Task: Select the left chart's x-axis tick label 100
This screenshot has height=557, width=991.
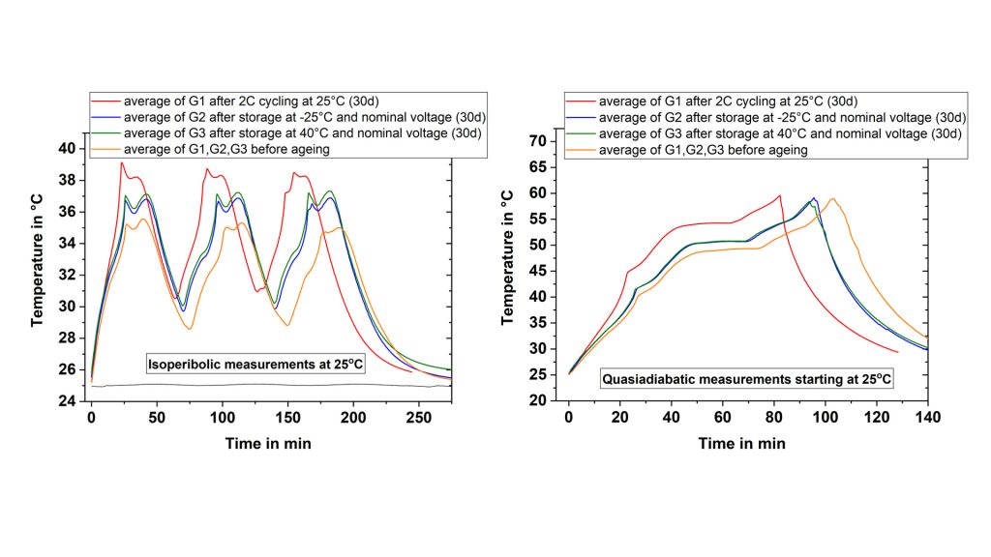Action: coord(223,420)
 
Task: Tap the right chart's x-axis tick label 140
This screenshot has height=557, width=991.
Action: coord(927,420)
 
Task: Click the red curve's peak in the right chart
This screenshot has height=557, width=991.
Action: coord(779,196)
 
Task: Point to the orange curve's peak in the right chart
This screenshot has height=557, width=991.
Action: coord(831,199)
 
